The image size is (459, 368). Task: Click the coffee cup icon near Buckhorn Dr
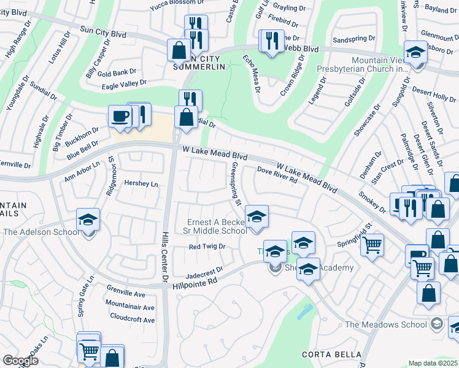click(x=120, y=116)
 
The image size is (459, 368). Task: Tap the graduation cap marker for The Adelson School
click(x=88, y=220)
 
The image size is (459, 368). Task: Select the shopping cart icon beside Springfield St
click(x=372, y=245)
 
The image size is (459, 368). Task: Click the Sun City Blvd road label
click(x=103, y=32)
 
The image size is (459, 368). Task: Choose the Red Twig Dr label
click(x=207, y=247)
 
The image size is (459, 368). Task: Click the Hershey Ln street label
click(x=141, y=184)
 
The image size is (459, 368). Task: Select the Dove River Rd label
click(x=277, y=176)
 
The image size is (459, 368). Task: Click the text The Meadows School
click(x=385, y=324)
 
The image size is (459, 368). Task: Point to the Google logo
click(x=20, y=360)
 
